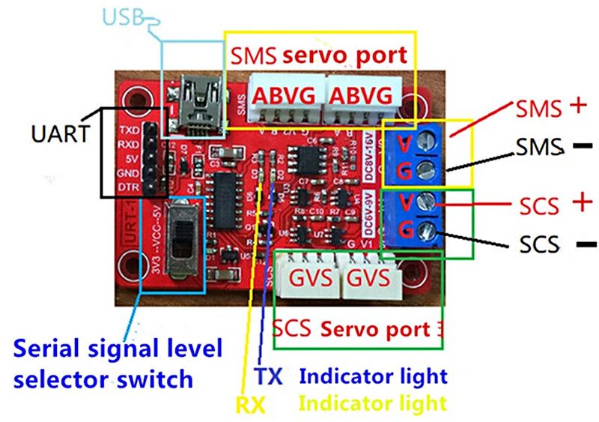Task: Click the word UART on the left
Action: coord(59,135)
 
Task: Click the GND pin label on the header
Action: coord(128,172)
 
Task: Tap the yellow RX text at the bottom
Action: coord(251,405)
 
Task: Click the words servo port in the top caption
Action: coord(344,55)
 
